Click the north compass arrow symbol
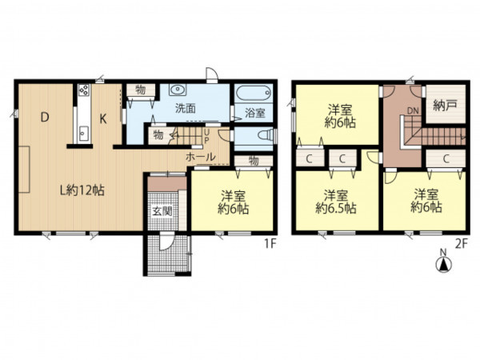(x=443, y=265)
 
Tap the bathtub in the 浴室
(x=254, y=92)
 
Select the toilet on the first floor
(x=265, y=135)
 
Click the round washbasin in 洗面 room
(x=177, y=90)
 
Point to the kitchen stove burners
(x=83, y=90)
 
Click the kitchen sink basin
(x=83, y=133)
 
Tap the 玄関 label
(x=162, y=211)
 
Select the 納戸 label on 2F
(x=445, y=106)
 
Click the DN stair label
(x=413, y=111)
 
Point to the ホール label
(x=201, y=157)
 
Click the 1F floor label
(x=270, y=243)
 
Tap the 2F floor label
(x=462, y=244)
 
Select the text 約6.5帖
(x=336, y=208)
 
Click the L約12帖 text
(x=82, y=190)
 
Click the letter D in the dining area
(x=45, y=118)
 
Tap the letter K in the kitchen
(x=103, y=118)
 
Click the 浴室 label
(x=254, y=113)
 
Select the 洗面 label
(x=186, y=108)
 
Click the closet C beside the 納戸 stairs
(x=446, y=158)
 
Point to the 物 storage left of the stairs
(x=158, y=135)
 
